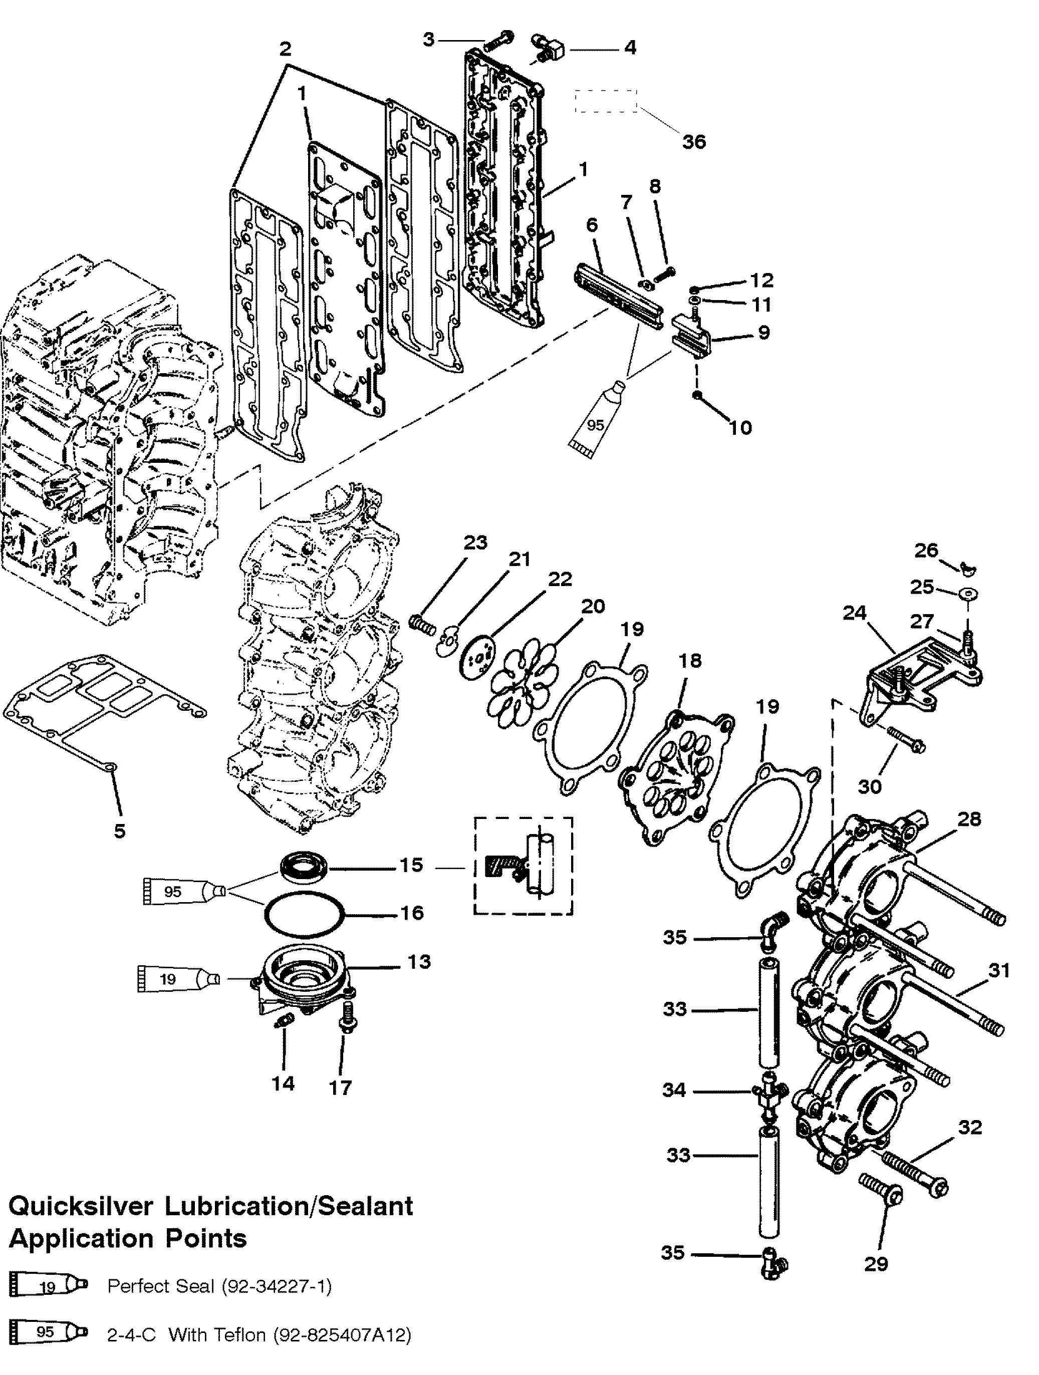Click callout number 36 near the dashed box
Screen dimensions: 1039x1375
click(x=694, y=141)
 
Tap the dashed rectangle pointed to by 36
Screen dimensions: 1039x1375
click(x=606, y=101)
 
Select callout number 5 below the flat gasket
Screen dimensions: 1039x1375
click(x=119, y=830)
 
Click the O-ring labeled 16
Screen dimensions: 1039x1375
click(x=305, y=913)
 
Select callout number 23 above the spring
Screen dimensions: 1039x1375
click(x=475, y=542)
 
